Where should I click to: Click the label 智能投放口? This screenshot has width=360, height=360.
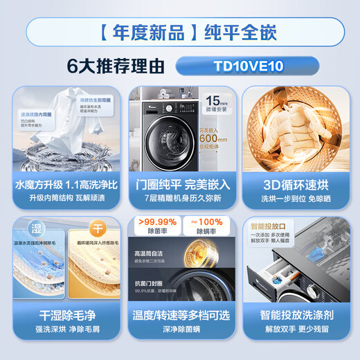[267, 226]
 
